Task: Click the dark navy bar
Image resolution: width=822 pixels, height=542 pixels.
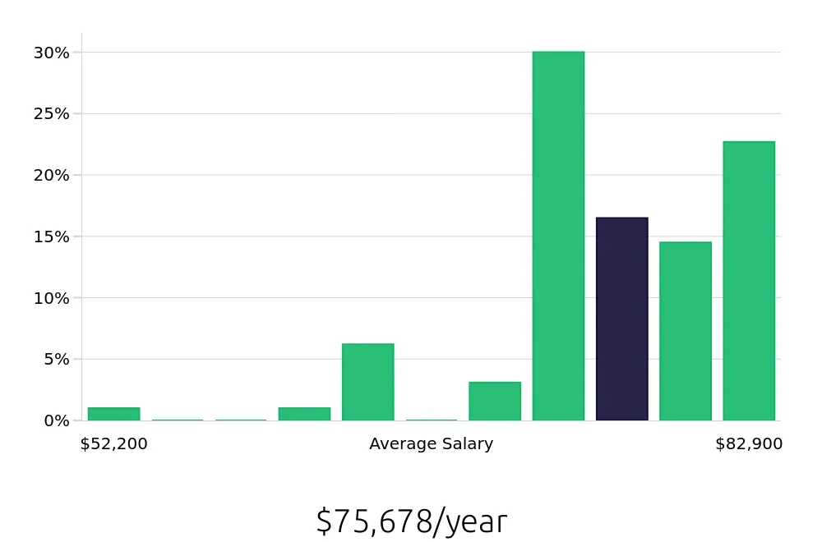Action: coord(621,319)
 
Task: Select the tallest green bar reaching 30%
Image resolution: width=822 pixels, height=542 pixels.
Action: coord(558,236)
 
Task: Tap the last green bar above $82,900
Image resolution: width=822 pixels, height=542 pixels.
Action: coord(749,281)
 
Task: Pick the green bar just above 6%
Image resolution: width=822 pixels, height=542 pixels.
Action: coord(367,382)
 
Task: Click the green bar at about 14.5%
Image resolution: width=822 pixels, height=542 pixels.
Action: coord(685,331)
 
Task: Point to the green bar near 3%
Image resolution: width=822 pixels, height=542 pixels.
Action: coord(495,401)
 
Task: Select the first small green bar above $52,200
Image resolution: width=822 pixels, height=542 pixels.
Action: coord(113,414)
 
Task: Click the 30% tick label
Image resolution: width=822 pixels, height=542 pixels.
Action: coord(51,53)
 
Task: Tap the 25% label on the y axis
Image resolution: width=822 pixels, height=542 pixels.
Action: coord(51,114)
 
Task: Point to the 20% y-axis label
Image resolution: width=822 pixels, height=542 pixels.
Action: coord(51,175)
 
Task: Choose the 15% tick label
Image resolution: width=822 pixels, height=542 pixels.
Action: coord(51,237)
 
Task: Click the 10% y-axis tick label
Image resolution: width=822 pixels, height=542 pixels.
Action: coord(51,298)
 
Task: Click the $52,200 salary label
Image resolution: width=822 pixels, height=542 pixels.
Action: coord(113,444)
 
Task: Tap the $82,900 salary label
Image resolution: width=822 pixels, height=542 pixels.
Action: coord(749,444)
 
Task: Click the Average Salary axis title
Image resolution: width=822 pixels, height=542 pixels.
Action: coord(431,444)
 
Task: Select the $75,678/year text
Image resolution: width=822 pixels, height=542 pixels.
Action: coord(411,521)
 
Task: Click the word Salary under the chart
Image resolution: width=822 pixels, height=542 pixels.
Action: coord(465,444)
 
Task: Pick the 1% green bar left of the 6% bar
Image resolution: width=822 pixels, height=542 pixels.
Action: coord(304,414)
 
